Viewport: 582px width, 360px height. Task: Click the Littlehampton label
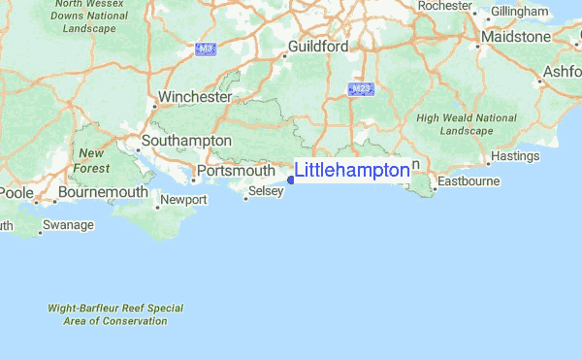[x=352, y=171]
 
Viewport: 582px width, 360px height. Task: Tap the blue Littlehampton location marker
[x=291, y=180]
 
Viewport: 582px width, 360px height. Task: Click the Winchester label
[x=196, y=97]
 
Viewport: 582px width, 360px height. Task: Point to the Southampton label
[x=186, y=141]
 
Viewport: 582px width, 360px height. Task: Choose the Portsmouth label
[x=236, y=171]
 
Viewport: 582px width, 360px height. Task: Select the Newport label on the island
[x=183, y=200]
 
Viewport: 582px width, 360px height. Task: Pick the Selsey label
[x=266, y=192]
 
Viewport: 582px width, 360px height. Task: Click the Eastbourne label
[x=469, y=181]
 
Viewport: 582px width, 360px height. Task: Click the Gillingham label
[x=520, y=11]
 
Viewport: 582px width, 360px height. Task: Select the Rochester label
[x=445, y=6]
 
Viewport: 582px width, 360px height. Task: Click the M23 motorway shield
[x=361, y=89]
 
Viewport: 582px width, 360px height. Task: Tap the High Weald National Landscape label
[x=467, y=124]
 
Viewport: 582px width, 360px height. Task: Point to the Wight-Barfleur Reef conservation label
[x=115, y=314]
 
